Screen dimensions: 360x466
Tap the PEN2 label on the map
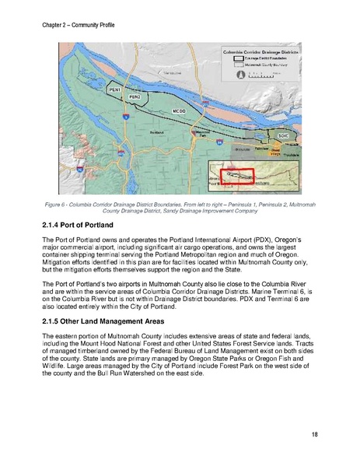pos(135,97)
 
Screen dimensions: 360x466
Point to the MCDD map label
pos(178,112)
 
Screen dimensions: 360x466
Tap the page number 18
pos(313,433)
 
